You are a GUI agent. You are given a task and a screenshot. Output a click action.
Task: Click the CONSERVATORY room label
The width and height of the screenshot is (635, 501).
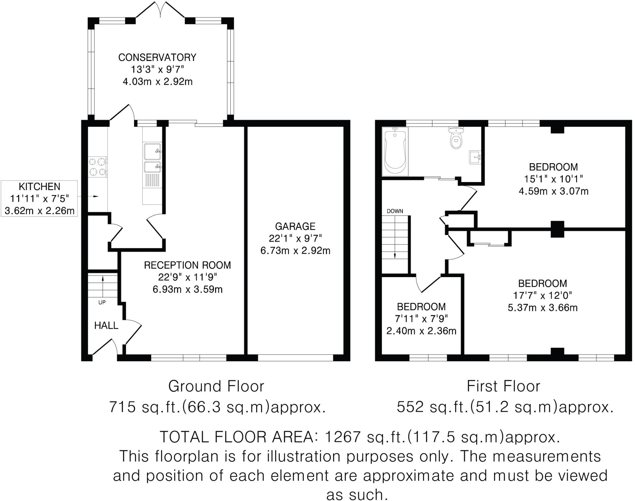157,57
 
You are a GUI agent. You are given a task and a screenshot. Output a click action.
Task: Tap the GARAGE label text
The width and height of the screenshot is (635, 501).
295,226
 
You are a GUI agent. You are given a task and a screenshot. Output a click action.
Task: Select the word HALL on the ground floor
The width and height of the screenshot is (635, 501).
106,325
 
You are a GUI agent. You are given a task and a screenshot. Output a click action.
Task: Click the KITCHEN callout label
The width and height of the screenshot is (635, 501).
39,187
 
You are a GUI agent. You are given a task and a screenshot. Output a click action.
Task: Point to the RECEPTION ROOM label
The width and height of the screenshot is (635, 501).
187,265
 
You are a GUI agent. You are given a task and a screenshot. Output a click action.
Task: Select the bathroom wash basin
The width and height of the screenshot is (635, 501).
475,157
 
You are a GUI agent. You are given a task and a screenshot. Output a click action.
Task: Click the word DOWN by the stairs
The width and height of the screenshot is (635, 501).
395,211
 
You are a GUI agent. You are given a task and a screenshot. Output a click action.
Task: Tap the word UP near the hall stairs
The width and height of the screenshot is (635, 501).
102,303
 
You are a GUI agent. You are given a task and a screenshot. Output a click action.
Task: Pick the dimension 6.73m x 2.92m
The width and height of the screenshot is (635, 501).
295,250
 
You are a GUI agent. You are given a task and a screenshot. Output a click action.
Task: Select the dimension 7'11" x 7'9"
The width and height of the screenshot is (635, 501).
421,319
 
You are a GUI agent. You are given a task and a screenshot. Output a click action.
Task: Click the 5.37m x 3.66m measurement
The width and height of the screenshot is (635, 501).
543,307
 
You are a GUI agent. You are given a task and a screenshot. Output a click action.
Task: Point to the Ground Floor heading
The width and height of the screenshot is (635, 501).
216,386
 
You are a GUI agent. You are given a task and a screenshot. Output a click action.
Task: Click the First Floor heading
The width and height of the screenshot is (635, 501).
504,386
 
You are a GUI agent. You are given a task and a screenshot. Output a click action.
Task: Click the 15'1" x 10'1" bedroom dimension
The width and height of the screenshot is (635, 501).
553,179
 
